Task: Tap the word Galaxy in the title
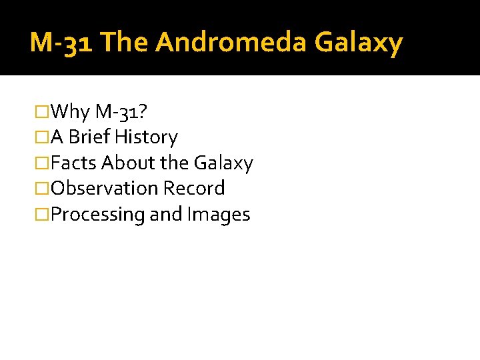point(359,43)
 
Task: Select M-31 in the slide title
point(63,43)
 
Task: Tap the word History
point(146,137)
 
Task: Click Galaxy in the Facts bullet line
point(223,163)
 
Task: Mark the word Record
point(194,188)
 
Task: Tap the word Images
point(219,214)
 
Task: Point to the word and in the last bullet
point(166,214)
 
